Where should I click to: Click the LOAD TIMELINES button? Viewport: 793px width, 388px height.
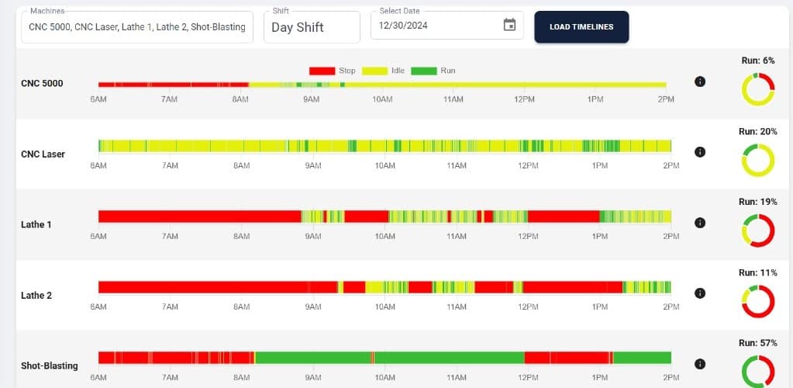[581, 26]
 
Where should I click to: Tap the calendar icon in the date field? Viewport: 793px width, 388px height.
[509, 26]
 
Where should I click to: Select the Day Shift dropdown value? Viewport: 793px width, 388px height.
[298, 27]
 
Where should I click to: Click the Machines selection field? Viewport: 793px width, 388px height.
[136, 26]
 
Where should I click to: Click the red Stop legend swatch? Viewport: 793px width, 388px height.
[322, 71]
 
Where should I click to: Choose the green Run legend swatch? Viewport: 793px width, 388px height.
[423, 71]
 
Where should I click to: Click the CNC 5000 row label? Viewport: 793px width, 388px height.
[42, 83]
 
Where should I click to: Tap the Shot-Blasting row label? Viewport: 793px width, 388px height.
[49, 365]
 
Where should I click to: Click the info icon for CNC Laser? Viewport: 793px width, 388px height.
[700, 152]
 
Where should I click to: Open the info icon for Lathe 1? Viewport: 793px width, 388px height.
[700, 223]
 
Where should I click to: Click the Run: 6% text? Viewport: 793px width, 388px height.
[757, 61]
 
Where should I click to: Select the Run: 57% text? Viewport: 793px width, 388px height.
[757, 343]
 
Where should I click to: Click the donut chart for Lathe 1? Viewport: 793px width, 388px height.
[758, 231]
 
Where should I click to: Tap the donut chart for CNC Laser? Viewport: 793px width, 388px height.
[758, 161]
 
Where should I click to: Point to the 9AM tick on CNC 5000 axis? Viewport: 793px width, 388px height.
[312, 99]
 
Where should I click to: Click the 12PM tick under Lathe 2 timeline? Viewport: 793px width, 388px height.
[528, 307]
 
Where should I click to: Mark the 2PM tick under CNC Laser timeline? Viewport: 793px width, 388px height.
[671, 165]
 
